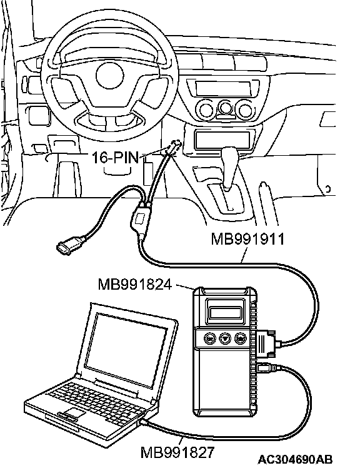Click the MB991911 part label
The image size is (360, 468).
[x=247, y=239]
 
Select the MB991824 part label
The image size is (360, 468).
[x=135, y=284]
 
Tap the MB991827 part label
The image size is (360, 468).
[x=177, y=452]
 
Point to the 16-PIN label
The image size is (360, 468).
[x=116, y=157]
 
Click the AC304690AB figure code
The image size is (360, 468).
[x=295, y=459]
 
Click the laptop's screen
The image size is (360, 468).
[x=127, y=345]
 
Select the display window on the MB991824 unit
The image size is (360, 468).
[x=225, y=313]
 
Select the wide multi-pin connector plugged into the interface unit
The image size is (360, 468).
[x=266, y=344]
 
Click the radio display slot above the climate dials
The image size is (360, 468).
[x=223, y=88]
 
